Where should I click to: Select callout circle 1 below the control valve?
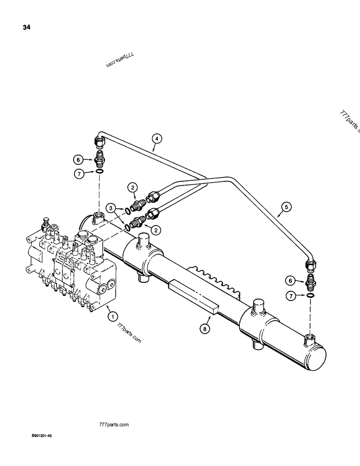tap(112, 316)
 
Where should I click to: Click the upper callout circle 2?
tap(133, 188)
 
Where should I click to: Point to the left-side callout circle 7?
tap(80, 174)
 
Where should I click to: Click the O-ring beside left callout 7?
tap(100, 172)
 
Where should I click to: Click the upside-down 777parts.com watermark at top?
tap(120, 60)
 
